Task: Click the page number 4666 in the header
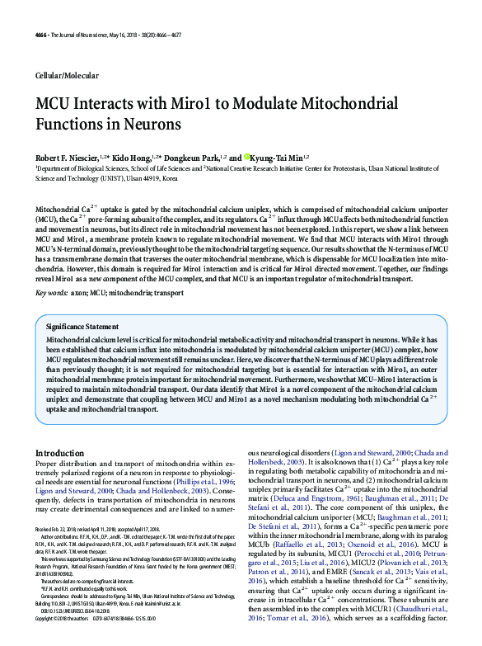[43, 35]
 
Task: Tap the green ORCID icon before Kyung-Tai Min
[246, 156]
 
